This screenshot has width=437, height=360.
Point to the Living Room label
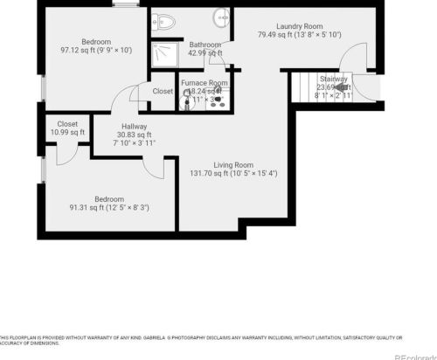click(x=233, y=164)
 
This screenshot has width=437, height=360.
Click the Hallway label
click(x=135, y=127)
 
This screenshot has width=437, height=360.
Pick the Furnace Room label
click(x=205, y=83)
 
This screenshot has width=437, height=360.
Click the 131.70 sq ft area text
click(x=234, y=173)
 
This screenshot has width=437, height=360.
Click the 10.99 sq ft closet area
click(x=67, y=132)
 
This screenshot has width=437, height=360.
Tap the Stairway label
click(x=332, y=79)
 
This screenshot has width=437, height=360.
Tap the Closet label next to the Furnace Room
click(x=163, y=91)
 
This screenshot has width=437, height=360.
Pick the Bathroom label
click(x=205, y=44)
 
